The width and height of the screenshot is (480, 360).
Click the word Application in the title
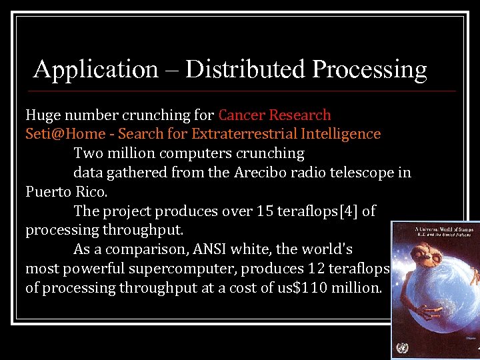click(95, 69)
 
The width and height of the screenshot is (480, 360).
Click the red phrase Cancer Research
click(275, 115)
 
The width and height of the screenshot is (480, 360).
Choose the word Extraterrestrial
click(244, 134)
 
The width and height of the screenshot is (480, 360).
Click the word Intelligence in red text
click(341, 134)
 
